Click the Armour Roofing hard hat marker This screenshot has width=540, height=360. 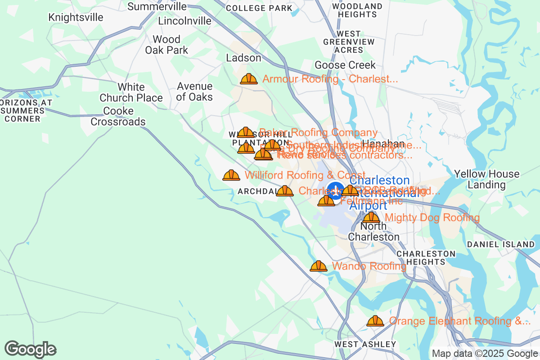248,79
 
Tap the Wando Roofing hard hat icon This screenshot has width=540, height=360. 319,266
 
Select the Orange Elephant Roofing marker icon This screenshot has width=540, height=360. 375,321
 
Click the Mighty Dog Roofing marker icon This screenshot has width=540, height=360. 371,217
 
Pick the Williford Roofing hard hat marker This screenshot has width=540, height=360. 231,175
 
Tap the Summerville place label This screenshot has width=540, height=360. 157,6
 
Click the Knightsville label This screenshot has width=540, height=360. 76,18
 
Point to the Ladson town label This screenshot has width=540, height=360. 243,58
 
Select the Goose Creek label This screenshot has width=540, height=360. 345,65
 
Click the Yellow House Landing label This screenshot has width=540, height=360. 486,179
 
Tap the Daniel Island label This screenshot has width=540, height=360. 500,244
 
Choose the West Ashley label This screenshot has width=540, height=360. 365,344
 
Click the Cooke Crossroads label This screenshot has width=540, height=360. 118,116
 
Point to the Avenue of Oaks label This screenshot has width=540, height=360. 194,91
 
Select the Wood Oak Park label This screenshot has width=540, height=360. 166,45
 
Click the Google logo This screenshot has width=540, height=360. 31,349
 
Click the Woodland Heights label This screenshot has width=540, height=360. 357,10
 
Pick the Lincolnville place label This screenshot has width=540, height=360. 184,21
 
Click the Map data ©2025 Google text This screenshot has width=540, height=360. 485,354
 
